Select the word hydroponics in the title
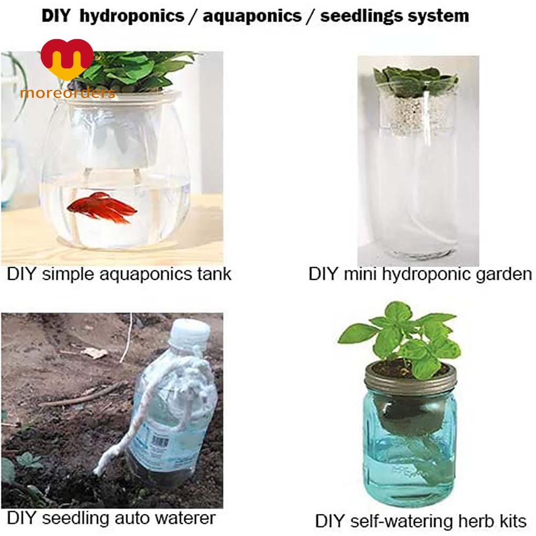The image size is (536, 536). point(132,16)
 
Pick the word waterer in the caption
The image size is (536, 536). point(184,518)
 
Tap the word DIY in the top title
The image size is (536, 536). point(56,16)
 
